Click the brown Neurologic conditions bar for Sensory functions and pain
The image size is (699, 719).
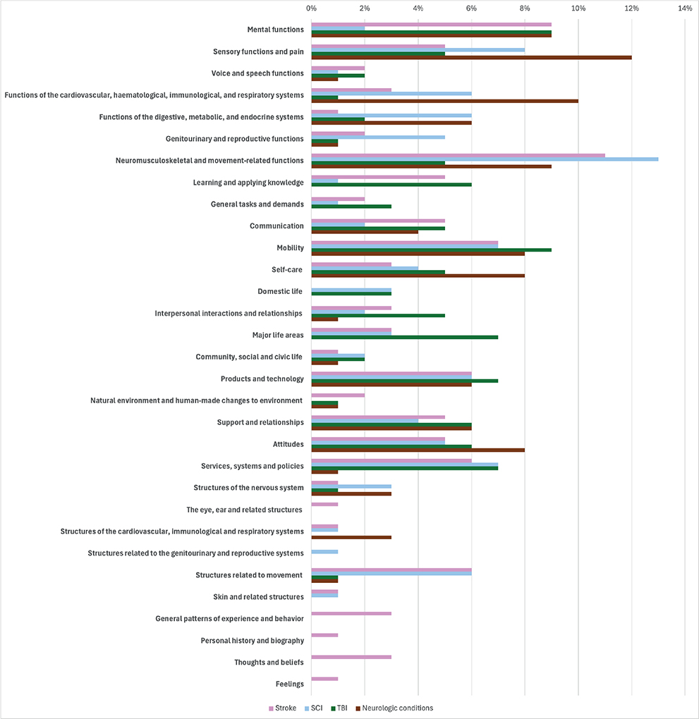(471, 58)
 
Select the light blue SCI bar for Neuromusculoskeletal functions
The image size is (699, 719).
(485, 159)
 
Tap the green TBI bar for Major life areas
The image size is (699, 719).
(405, 338)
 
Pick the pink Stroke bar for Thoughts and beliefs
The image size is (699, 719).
(351, 657)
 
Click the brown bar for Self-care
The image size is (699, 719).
(418, 276)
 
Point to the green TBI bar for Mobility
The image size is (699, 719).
(432, 250)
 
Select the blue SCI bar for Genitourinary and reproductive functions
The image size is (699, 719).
(378, 137)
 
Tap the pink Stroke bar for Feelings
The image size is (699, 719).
(325, 679)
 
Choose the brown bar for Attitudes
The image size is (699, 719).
(418, 450)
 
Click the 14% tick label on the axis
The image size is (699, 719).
(685, 8)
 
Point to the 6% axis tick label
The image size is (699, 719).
(471, 8)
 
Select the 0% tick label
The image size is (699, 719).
(311, 8)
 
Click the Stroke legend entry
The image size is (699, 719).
(282, 708)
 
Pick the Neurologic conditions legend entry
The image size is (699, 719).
(395, 708)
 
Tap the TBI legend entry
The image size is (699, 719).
(339, 708)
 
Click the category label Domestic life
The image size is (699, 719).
(280, 292)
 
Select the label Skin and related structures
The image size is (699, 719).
(258, 597)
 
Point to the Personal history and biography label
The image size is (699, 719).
(253, 641)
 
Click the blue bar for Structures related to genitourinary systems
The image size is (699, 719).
(325, 552)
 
